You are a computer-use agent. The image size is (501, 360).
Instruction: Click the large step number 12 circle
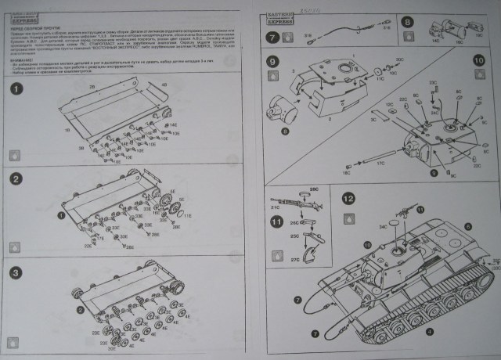pyautogui.click(x=348, y=199)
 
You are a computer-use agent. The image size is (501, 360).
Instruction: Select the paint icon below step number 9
pyautogui.click(x=272, y=77)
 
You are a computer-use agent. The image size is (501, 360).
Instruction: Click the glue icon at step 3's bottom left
pyautogui.click(x=13, y=341)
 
